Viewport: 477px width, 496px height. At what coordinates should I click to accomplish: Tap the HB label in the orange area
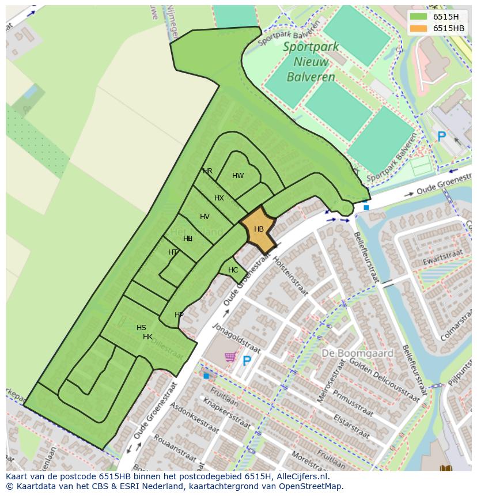click(x=259, y=229)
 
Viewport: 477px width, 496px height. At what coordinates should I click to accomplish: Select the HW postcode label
click(x=238, y=176)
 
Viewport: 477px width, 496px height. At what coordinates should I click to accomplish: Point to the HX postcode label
click(x=219, y=198)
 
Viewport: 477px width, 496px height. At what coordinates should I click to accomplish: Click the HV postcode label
click(x=205, y=217)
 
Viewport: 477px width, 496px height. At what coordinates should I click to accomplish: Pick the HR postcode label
click(x=207, y=171)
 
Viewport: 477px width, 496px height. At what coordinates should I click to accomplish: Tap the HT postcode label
click(x=173, y=252)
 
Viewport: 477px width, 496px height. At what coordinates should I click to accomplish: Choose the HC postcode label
click(x=233, y=270)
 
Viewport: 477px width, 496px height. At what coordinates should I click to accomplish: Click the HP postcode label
click(x=179, y=315)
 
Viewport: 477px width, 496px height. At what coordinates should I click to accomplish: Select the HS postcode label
click(x=141, y=328)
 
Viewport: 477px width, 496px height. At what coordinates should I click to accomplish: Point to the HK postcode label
click(x=148, y=337)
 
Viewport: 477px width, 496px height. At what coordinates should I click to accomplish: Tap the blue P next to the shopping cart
click(x=247, y=361)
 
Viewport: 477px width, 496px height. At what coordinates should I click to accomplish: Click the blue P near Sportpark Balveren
click(x=441, y=137)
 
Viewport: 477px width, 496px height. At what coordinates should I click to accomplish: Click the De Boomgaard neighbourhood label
click(x=357, y=353)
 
